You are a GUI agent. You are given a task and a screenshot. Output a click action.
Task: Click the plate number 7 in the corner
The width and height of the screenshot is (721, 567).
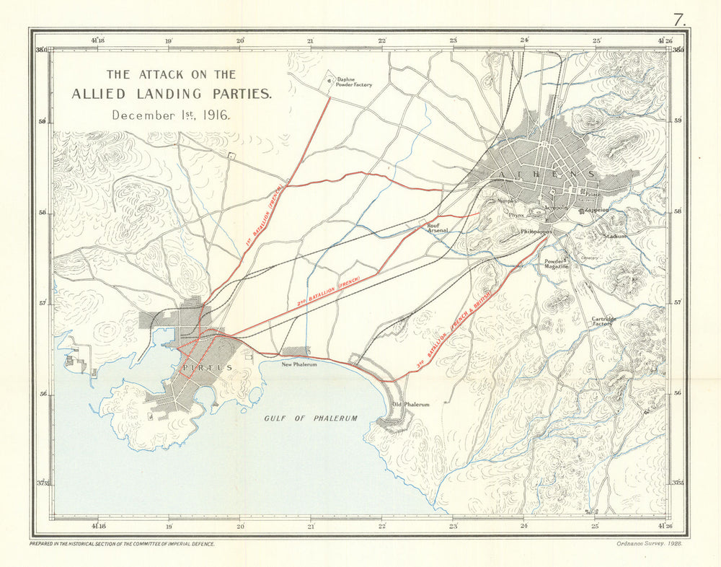coord(678,19)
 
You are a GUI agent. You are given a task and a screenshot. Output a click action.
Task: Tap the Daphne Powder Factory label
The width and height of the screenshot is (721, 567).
coord(354,82)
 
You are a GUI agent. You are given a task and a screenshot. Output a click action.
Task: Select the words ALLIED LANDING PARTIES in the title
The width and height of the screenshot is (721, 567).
coord(172,94)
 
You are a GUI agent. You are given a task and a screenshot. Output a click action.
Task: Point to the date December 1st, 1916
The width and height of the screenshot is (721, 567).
coord(171,115)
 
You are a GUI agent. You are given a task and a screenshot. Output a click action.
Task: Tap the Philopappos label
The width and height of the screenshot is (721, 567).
coord(536,232)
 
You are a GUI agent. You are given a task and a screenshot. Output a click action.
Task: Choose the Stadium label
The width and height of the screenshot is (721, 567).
coord(616,236)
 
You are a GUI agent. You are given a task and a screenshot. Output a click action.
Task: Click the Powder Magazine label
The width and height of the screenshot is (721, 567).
coord(557,264)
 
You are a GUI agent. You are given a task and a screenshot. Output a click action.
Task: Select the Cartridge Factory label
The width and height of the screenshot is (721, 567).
coord(603,321)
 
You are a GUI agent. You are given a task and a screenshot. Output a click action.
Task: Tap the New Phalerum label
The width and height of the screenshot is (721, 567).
coord(299,364)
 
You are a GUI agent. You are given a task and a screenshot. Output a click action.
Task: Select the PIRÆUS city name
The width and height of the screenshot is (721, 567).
coord(208,368)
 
